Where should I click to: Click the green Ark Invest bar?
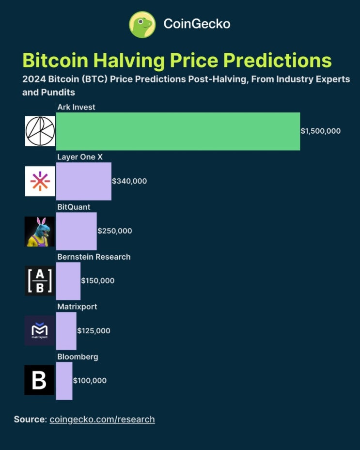click(x=178, y=131)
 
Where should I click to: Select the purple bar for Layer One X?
click(x=83, y=181)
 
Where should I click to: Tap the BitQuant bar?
click(x=76, y=231)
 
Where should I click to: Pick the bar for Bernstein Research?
click(x=68, y=281)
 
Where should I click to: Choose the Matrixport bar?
click(x=66, y=331)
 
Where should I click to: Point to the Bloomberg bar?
click(x=64, y=381)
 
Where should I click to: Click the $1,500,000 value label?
click(x=321, y=131)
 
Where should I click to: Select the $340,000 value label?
click(x=129, y=181)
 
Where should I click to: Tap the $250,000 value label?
click(x=115, y=231)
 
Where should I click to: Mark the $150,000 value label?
click(x=98, y=281)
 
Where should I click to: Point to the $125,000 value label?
click(x=94, y=331)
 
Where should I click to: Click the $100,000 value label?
click(x=90, y=381)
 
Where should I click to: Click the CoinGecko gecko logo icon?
click(x=142, y=24)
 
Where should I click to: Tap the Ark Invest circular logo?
click(x=40, y=131)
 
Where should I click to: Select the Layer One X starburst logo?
click(x=40, y=181)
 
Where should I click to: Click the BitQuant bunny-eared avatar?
click(x=40, y=231)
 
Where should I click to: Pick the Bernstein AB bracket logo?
click(x=40, y=281)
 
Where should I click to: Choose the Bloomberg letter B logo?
click(x=39, y=381)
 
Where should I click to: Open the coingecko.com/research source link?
click(x=102, y=419)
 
